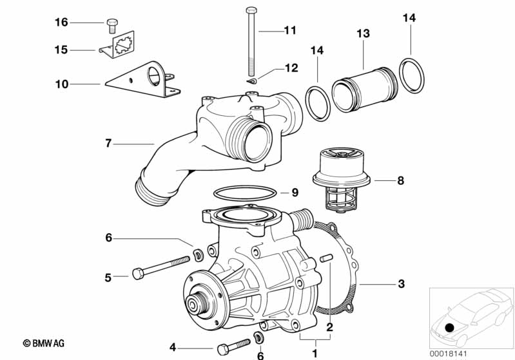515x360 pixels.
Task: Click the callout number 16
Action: (x=61, y=23)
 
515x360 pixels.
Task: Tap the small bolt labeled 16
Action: (x=112, y=26)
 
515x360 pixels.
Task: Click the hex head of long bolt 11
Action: (x=251, y=10)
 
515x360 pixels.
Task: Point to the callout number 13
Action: (x=364, y=33)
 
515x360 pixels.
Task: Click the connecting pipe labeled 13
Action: (x=365, y=90)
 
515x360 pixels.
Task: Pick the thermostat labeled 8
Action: (x=342, y=180)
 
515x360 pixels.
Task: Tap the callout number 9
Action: (x=295, y=193)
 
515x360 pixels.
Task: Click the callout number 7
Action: (x=108, y=144)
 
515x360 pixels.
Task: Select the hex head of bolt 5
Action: (x=138, y=274)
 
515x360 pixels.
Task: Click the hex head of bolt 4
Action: (x=222, y=349)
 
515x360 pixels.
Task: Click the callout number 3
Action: (x=401, y=283)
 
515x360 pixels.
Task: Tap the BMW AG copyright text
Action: (x=44, y=343)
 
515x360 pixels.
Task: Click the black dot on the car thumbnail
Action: (x=449, y=328)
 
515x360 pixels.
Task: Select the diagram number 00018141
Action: (x=448, y=354)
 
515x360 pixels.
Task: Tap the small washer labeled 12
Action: (x=251, y=81)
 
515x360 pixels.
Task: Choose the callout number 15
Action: (x=61, y=50)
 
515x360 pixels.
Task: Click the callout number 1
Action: (x=315, y=354)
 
